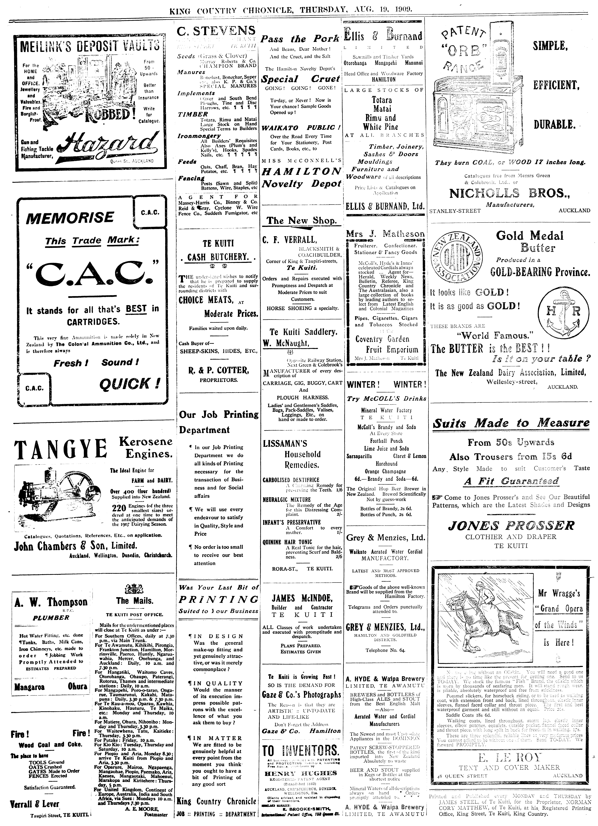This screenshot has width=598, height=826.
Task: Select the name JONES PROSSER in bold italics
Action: click(511, 526)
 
